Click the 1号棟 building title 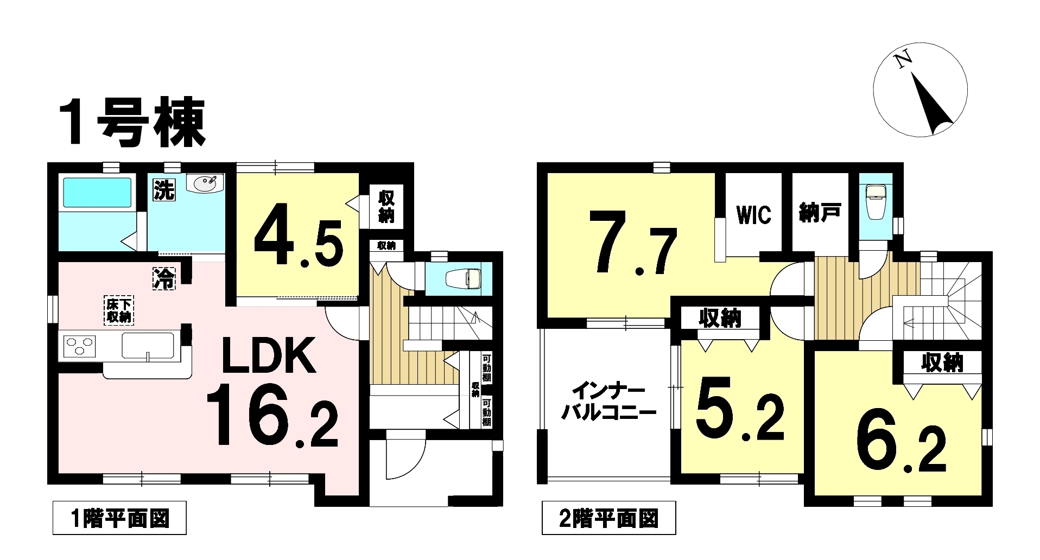(134, 123)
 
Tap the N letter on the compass (904, 61)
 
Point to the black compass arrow (932, 105)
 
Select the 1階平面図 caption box (120, 518)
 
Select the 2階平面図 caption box (609, 518)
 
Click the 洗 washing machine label (163, 190)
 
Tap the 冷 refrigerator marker (164, 278)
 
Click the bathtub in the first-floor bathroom (98, 192)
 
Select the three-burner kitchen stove (80, 345)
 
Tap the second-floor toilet (876, 202)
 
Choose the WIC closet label (754, 215)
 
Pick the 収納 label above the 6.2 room (942, 363)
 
